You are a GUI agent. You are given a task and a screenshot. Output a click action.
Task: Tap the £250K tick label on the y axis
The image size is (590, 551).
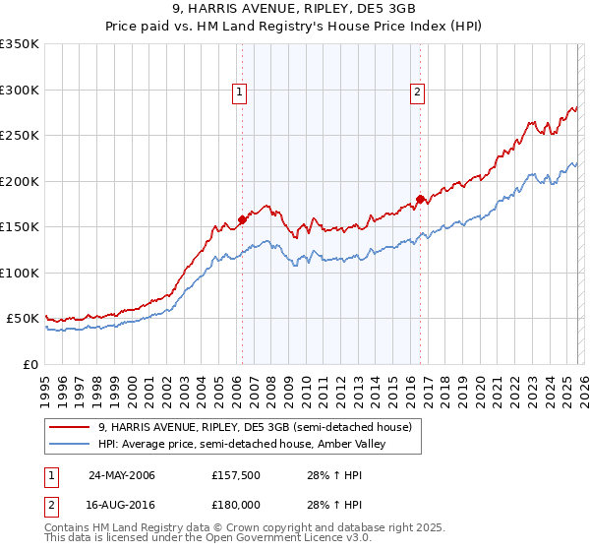20,136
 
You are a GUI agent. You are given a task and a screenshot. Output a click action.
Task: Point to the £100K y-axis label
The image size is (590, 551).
20,273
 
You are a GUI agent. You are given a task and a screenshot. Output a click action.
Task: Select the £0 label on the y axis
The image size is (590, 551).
29,364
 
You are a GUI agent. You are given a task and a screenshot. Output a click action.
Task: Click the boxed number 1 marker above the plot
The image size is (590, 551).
240,93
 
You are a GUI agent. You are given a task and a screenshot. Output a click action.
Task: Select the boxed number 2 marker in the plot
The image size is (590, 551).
417,93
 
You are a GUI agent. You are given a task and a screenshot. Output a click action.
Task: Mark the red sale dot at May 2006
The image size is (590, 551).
242,219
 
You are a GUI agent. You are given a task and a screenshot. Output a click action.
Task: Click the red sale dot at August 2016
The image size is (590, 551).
420,200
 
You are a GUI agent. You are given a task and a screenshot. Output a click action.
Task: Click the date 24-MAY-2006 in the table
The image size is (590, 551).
121,475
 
